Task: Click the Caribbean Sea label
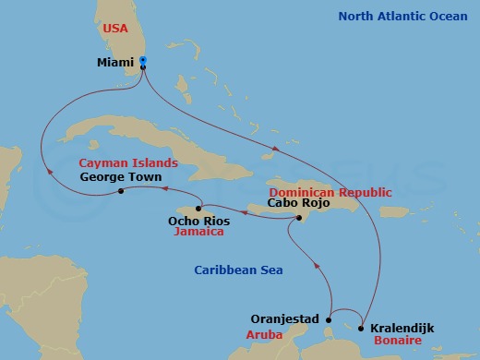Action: pyautogui.click(x=238, y=270)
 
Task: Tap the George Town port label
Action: pyautogui.click(x=121, y=176)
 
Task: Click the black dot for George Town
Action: pyautogui.click(x=121, y=192)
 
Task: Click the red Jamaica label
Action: pyautogui.click(x=199, y=233)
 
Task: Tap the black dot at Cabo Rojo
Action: pyautogui.click(x=298, y=218)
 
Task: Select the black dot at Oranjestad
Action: pyautogui.click(x=329, y=320)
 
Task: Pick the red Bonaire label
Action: pyautogui.click(x=399, y=341)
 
